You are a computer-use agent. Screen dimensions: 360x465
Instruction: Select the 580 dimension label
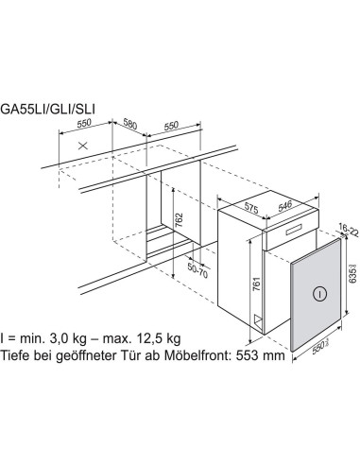point(130,123)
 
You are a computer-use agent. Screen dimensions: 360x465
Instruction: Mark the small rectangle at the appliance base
point(255,319)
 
